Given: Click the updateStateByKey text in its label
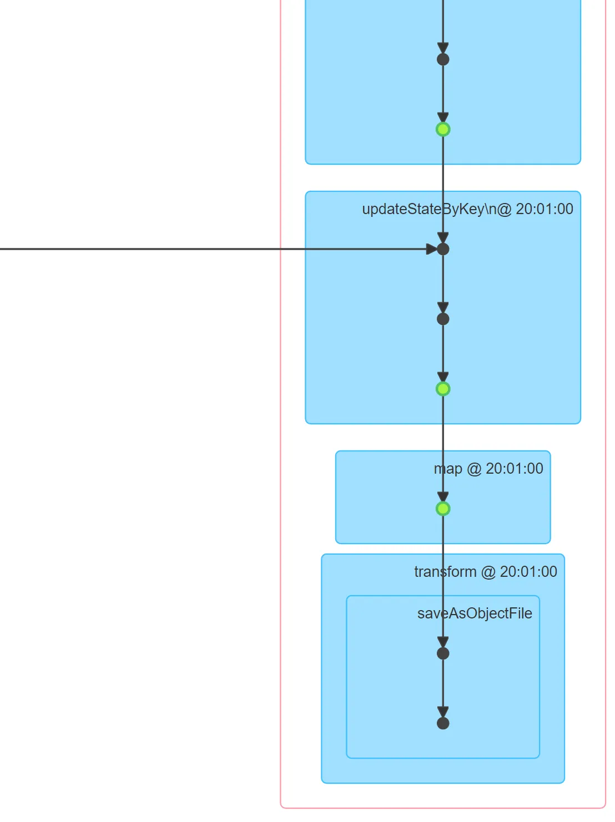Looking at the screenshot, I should click(423, 209).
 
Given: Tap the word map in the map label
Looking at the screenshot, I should click(448, 469).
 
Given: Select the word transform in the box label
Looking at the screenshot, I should click(445, 572).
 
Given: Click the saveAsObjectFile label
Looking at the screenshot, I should click(475, 613).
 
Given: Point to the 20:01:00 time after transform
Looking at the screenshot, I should click(528, 572).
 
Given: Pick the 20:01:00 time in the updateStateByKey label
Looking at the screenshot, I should click(545, 209).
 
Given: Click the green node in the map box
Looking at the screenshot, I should click(443, 509).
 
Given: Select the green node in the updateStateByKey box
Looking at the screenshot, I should click(443, 389).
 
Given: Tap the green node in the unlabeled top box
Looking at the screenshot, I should click(443, 129).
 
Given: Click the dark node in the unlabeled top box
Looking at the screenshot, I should click(443, 59).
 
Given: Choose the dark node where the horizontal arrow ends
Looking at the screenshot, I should click(443, 249).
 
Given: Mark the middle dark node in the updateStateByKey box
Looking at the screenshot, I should click(443, 319).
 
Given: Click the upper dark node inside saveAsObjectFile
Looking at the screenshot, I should click(443, 653).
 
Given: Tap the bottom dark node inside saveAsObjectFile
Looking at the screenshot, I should click(443, 723).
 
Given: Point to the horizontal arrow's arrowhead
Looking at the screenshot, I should click(431, 249).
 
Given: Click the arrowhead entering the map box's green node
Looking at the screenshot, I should click(443, 497).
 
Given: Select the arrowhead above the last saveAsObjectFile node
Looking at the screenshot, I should click(443, 712).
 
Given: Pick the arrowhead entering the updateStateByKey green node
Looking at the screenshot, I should click(443, 377).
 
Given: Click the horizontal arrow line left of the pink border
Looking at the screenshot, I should click(139, 249).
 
